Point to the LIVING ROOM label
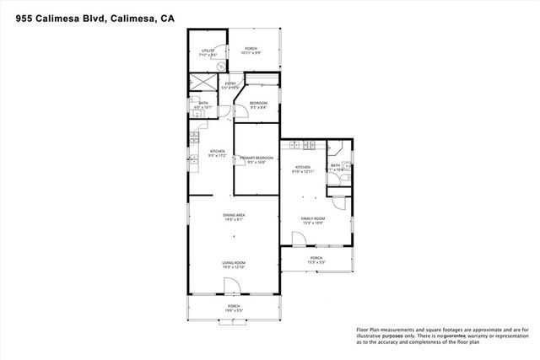pos(234,265)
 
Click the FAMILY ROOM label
pos(313,220)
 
